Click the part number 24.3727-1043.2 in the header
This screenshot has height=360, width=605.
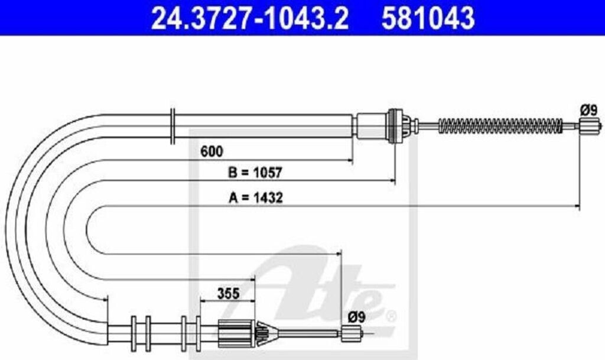click(249, 18)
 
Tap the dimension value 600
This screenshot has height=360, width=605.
click(211, 151)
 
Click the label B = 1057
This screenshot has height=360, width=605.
click(255, 173)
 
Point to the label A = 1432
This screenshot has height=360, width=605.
click(255, 198)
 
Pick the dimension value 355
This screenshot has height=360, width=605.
click(227, 293)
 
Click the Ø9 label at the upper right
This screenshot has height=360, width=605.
click(589, 109)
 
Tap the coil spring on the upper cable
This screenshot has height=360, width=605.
click(499, 125)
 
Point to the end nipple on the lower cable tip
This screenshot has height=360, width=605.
click(351, 334)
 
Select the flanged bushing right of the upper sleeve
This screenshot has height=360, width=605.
click(394, 125)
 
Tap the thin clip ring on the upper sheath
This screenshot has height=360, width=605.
click(171, 126)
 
